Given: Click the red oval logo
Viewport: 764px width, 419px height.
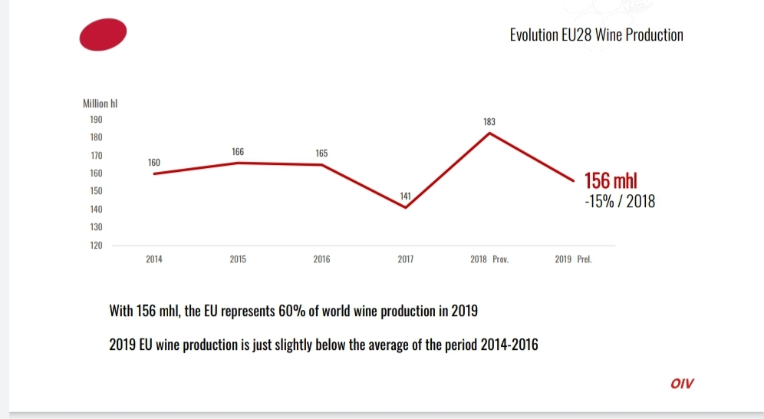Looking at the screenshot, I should [104, 35].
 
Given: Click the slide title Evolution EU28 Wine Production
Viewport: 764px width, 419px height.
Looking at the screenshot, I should [596, 35].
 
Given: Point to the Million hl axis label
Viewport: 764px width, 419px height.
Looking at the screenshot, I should [99, 104].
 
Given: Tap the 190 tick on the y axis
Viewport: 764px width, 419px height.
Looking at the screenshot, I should [97, 120].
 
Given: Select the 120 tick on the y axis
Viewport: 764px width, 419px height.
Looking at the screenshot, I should [97, 246].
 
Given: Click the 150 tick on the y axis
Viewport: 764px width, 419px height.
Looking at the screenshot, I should [97, 191].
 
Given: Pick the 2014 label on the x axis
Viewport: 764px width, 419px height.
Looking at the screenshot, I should [154, 259].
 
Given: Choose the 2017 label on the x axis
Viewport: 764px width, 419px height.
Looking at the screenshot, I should [406, 259].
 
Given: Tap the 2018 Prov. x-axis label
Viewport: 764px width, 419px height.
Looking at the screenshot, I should [490, 259].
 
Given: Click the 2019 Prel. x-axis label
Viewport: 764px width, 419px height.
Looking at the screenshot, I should [574, 259].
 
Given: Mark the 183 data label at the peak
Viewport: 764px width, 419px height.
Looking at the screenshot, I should [489, 122].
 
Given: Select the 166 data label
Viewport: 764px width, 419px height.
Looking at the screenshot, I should [238, 153].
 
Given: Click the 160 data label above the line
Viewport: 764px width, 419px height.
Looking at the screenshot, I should [154, 163].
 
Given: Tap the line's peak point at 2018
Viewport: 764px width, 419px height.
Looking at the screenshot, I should [490, 133].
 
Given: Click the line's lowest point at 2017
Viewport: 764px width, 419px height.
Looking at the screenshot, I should [406, 208].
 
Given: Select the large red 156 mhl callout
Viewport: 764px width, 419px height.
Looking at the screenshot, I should [611, 182].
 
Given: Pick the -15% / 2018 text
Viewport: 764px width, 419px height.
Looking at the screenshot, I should [620, 203].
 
